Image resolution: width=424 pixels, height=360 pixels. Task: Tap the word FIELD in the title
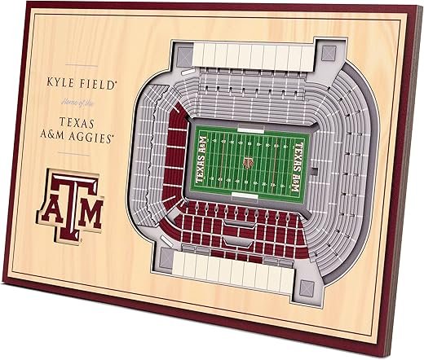click(x=95, y=83)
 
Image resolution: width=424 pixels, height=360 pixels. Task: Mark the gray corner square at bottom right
click(x=307, y=288)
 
